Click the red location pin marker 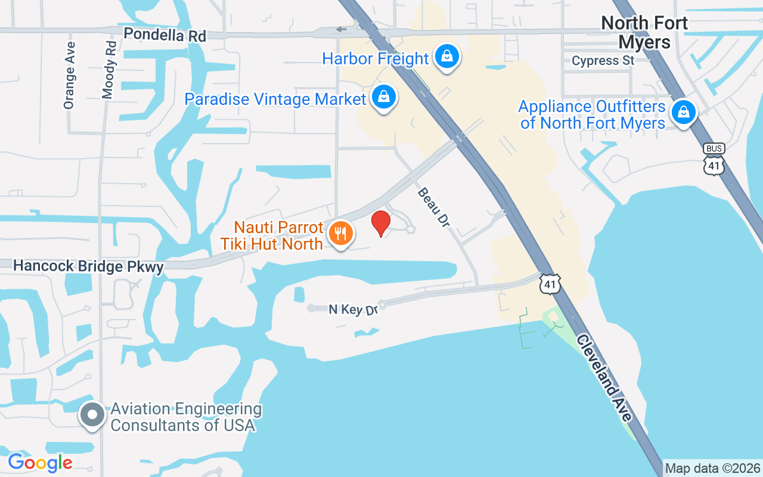coord(380,222)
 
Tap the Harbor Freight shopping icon coord(445,57)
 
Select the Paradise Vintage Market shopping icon coord(384,97)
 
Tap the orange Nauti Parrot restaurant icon coord(340,234)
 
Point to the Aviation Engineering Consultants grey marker coord(92,416)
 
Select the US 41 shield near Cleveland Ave coord(550,284)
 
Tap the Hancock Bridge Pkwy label coord(88,266)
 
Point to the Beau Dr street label coord(433,207)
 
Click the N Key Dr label coord(353,309)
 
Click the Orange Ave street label coord(70,75)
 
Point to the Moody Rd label coord(109,69)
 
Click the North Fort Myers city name coord(644,32)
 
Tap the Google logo coord(40,462)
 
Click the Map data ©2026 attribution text coord(713,469)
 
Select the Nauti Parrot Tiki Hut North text coord(279,236)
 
